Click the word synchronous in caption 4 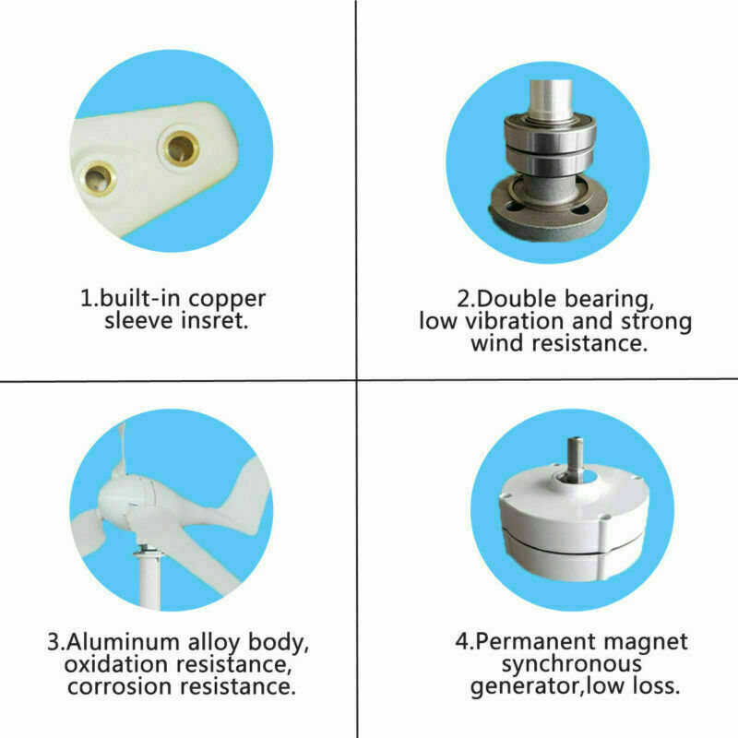[571, 664]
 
